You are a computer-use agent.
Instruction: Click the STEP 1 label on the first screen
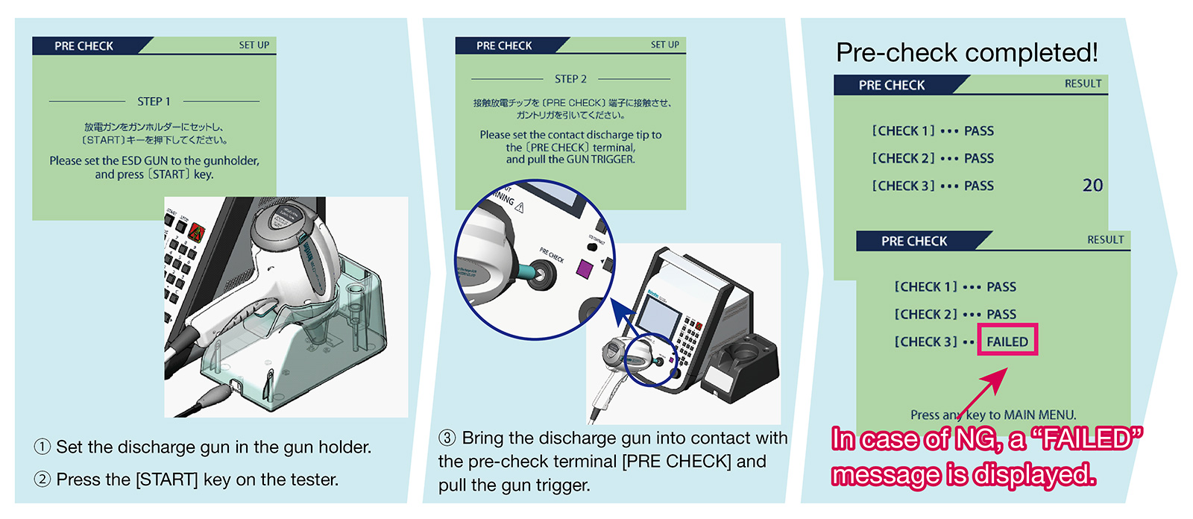click(x=154, y=101)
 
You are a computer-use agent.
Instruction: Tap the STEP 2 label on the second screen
click(x=570, y=79)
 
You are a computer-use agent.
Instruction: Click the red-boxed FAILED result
click(x=1007, y=342)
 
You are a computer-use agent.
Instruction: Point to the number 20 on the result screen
click(x=1092, y=186)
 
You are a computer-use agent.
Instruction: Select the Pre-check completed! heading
click(x=966, y=53)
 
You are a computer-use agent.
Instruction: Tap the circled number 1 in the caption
click(x=43, y=447)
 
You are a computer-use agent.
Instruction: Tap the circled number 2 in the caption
click(x=43, y=479)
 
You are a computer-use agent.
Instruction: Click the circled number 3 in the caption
click(x=447, y=438)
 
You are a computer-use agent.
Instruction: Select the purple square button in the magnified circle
click(x=584, y=268)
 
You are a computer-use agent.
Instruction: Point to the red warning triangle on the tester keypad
click(x=197, y=231)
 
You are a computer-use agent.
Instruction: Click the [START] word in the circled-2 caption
click(x=166, y=479)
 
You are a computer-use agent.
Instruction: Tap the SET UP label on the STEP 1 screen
click(x=254, y=45)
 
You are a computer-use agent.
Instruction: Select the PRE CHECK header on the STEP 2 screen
click(x=504, y=45)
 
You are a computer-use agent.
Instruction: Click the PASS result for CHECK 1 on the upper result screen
click(x=978, y=131)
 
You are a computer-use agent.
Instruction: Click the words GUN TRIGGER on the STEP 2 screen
click(x=600, y=160)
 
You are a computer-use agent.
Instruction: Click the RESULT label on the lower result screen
click(x=1105, y=240)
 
